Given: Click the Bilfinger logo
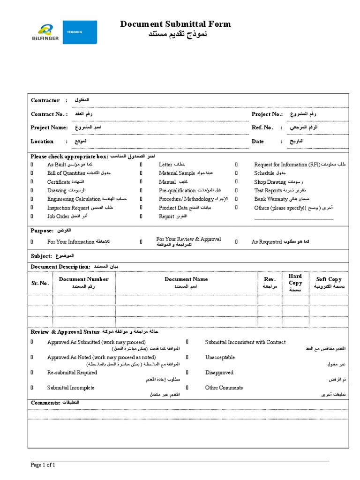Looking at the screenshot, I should pyautogui.click(x=45, y=32).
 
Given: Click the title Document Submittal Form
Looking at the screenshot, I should pyautogui.click(x=175, y=24).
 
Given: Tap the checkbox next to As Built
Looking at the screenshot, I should pyautogui.click(x=32, y=165).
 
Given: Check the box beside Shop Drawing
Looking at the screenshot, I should pyautogui.click(x=237, y=182).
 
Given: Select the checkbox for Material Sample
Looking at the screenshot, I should pyautogui.click(x=141, y=173).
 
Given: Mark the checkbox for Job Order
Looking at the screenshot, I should pyautogui.click(x=32, y=216).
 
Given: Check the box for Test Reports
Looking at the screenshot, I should pyautogui.click(x=237, y=191).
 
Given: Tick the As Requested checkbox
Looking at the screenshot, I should pyautogui.click(x=237, y=242).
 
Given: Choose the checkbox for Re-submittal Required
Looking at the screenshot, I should pyautogui.click(x=32, y=373).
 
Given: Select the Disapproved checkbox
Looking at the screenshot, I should pyautogui.click(x=187, y=373).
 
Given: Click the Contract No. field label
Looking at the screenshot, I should pyautogui.click(x=49, y=114).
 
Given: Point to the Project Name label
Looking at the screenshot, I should pyautogui.click(x=49, y=127).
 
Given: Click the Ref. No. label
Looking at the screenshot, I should pyautogui.click(x=262, y=127).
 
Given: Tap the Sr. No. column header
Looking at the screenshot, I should pyautogui.click(x=40, y=283).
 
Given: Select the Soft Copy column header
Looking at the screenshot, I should pyautogui.click(x=329, y=279).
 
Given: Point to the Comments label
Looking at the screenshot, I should pyautogui.click(x=45, y=403).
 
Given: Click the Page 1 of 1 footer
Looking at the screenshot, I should pyautogui.click(x=43, y=465).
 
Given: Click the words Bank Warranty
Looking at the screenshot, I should pyautogui.click(x=271, y=199).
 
